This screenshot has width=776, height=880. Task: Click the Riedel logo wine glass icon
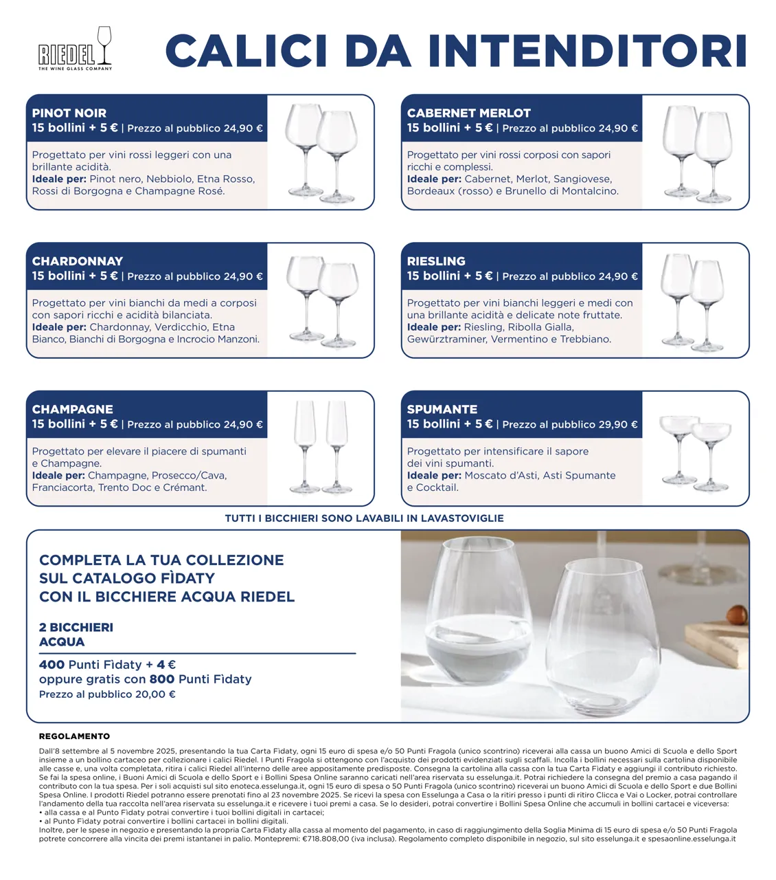tap(104, 45)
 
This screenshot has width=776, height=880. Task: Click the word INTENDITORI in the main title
tap(587, 51)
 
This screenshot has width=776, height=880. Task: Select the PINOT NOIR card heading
tap(69, 113)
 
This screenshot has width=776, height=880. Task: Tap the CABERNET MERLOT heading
tap(469, 113)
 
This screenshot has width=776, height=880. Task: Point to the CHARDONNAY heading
tap(78, 261)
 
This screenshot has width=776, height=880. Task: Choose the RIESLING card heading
tap(436, 261)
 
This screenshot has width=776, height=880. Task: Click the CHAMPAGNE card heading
tap(73, 410)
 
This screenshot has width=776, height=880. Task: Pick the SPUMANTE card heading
tap(442, 410)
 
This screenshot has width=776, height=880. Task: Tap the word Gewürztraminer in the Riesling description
tap(447, 339)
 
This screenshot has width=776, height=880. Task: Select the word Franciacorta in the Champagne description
tap(63, 487)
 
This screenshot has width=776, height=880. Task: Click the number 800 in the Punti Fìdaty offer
tap(162, 679)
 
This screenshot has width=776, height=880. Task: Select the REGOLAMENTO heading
tap(74, 736)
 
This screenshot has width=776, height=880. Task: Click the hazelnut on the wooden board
tap(737, 616)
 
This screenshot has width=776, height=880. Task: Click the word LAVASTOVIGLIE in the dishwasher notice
tap(462, 518)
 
